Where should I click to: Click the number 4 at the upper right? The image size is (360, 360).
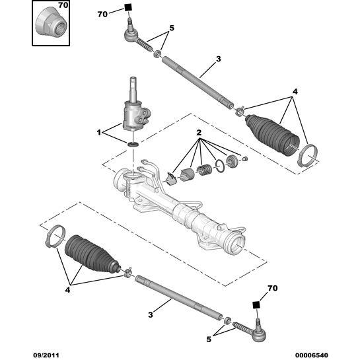point(295,92)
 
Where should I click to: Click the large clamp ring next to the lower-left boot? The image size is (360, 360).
point(54,235)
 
